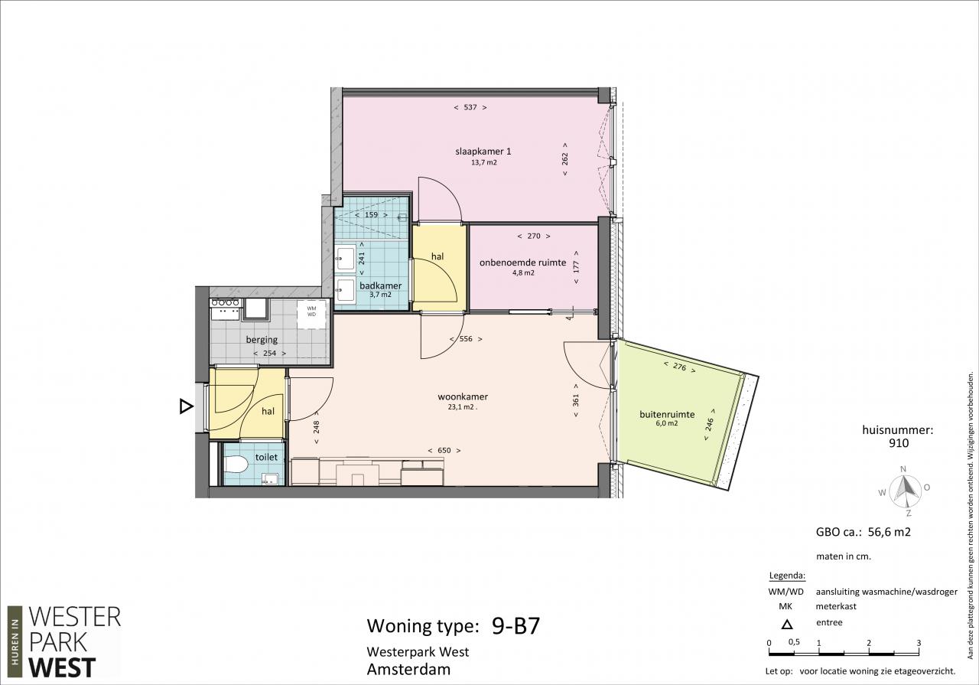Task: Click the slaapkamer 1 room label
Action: (483, 152)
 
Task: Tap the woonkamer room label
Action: (463, 396)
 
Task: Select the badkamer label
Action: (380, 285)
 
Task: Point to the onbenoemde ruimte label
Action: (522, 263)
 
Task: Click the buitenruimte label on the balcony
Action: (667, 414)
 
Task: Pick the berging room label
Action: (262, 339)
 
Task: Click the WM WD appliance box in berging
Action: (311, 314)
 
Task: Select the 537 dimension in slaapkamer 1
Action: (470, 107)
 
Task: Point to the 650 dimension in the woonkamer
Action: (444, 451)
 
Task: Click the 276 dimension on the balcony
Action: (680, 367)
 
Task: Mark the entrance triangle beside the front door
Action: (186, 406)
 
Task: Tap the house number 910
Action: (899, 443)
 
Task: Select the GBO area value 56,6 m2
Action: (889, 532)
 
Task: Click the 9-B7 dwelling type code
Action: (516, 626)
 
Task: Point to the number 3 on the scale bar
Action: (919, 643)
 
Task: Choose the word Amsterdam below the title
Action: (408, 669)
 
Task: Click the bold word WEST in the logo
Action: (62, 668)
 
